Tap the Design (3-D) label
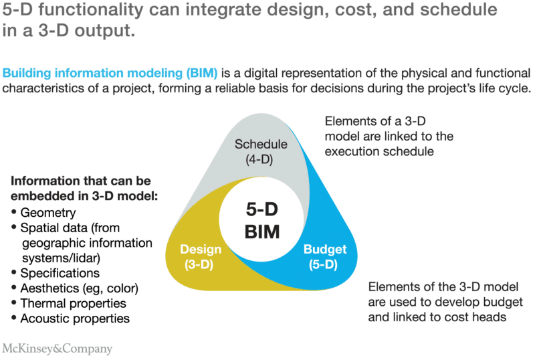click(x=201, y=256)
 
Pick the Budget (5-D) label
click(x=325, y=256)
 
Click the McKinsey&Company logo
click(x=58, y=349)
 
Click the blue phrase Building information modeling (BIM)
click(x=111, y=73)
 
